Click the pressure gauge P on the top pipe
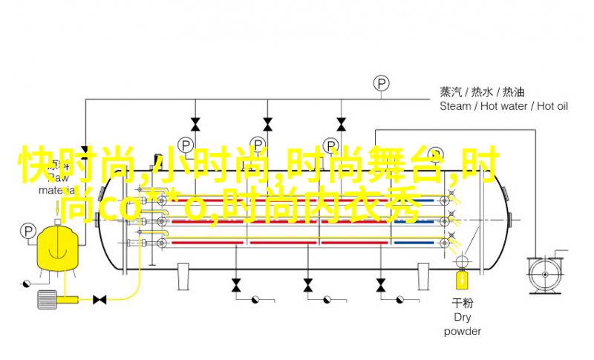[x=382, y=82]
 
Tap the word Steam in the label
[x=455, y=106]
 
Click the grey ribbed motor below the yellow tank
[x=46, y=298]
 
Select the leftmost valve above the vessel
[x=195, y=123]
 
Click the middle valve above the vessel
[x=267, y=123]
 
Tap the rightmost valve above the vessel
[x=341, y=123]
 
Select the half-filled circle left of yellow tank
[x=25, y=283]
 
